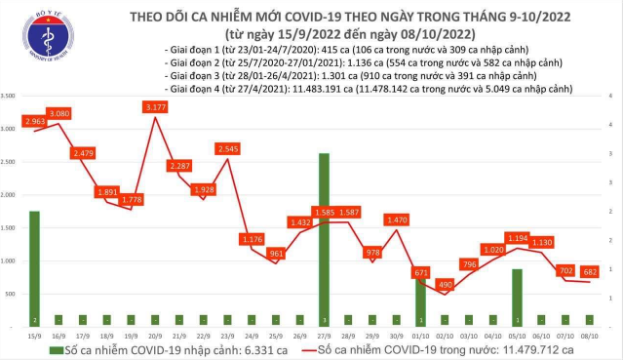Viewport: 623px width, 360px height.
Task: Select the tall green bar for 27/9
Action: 323,239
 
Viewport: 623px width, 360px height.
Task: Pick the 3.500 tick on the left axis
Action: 9,96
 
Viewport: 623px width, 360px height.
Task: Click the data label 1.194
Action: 517,238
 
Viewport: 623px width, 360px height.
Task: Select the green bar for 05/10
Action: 517,297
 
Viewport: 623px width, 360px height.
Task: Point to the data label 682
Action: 590,271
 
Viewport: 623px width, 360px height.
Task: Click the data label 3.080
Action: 60,114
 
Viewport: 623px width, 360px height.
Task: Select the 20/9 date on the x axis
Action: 154,334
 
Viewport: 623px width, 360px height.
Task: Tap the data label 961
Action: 276,255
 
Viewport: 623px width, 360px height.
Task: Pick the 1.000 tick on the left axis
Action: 9,260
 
